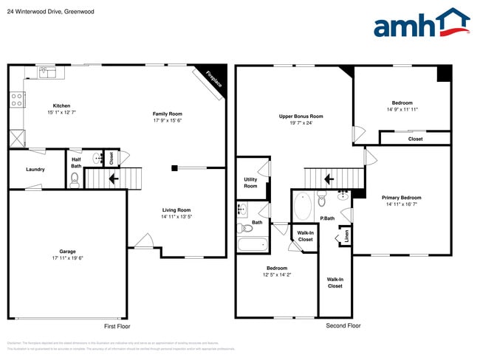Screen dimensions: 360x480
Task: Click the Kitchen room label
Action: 61,105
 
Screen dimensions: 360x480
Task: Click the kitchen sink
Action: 47,72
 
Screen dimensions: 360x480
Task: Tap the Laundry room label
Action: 35,169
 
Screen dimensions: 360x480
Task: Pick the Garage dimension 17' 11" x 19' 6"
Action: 67,258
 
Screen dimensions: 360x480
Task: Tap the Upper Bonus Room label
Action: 301,116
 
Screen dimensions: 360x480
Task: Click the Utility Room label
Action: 250,182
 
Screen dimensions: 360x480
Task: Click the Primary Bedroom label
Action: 402,197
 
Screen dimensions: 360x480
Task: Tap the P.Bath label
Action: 327,218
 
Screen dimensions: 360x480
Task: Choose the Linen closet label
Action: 346,237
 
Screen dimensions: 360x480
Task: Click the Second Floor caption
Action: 343,325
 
